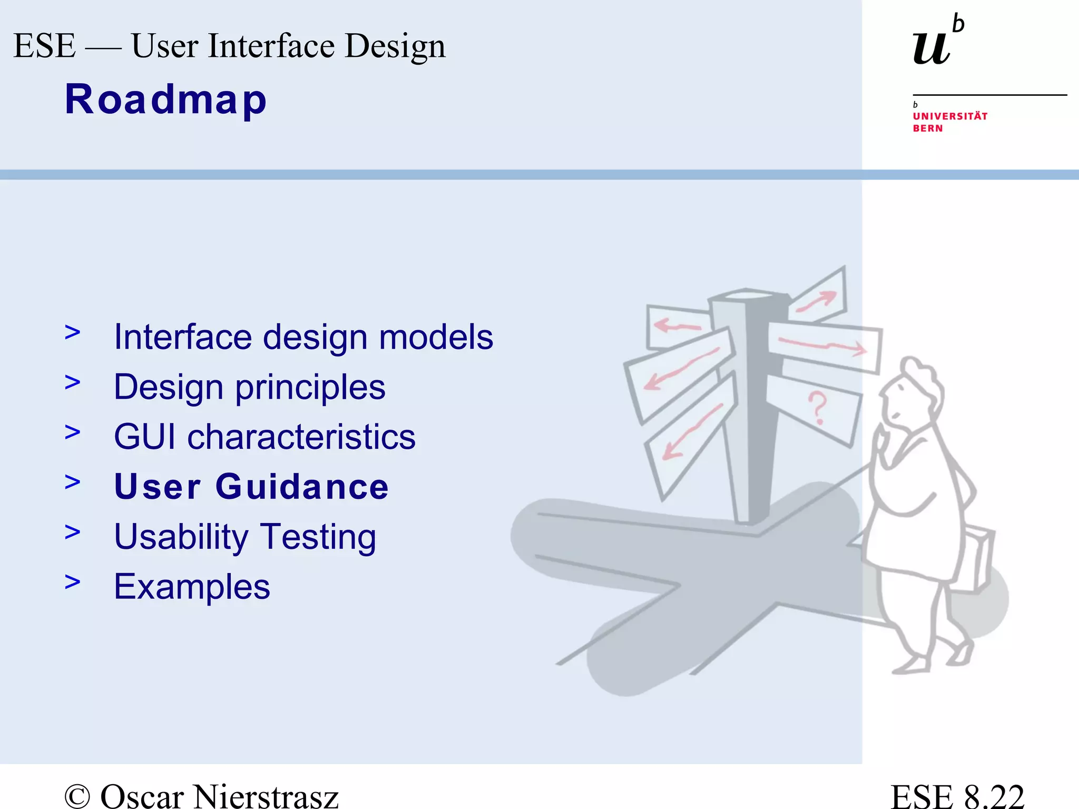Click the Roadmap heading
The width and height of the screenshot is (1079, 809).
(165, 100)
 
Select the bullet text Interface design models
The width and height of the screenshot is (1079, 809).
(303, 337)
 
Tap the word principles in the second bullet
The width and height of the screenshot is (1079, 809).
(310, 388)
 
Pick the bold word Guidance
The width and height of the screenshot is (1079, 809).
(302, 487)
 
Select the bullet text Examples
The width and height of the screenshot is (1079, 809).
(192, 587)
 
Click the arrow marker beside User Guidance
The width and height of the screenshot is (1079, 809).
(73, 481)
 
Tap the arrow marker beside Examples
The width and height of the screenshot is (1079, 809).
(73, 581)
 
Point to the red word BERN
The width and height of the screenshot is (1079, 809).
(927, 129)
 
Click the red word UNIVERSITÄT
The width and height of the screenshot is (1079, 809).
(950, 116)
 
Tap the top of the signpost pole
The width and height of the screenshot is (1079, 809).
(747, 295)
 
